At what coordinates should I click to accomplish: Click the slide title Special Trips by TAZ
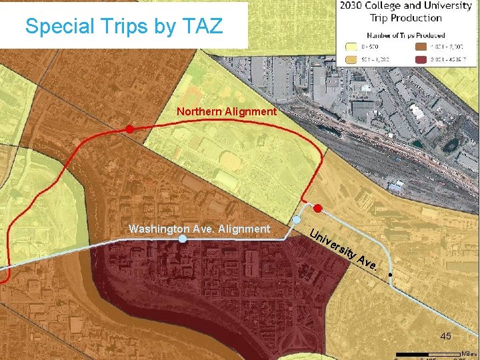(x=125, y=26)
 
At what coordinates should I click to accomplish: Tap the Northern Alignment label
(x=227, y=112)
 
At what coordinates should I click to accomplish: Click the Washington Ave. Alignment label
(x=199, y=229)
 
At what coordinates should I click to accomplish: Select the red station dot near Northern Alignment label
(x=130, y=128)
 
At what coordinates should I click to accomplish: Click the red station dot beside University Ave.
(x=318, y=209)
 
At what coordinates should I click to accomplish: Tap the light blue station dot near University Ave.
(x=297, y=219)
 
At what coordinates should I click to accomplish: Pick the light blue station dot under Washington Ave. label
(x=182, y=239)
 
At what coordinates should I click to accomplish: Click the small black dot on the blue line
(x=391, y=275)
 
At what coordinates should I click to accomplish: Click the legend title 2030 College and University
(x=406, y=6)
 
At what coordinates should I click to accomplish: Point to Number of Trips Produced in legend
(x=406, y=35)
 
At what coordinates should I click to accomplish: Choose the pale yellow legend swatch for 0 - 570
(x=350, y=47)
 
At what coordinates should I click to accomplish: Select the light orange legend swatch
(x=350, y=59)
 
